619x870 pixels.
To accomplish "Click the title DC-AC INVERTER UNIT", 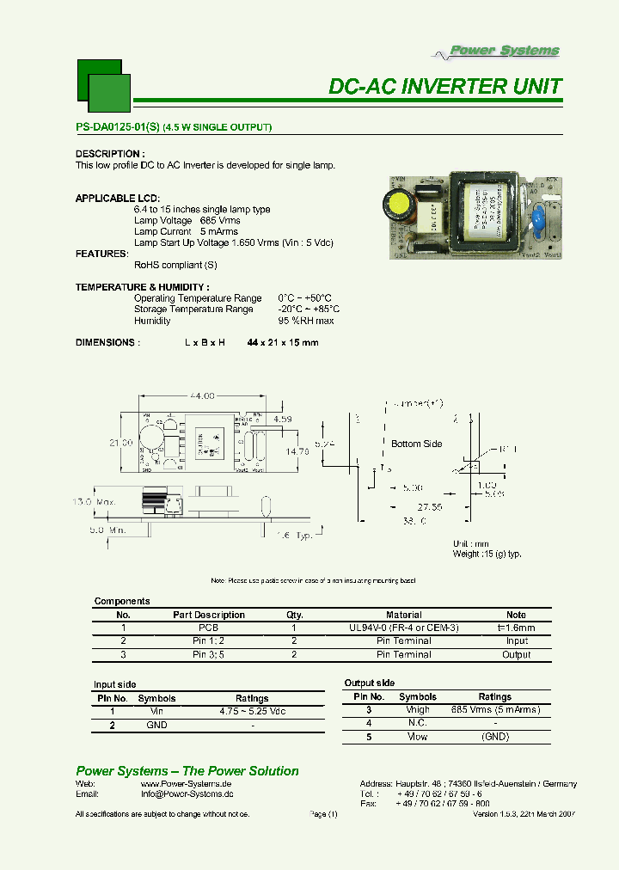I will point(445,87).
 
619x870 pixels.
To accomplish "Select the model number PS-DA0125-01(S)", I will point(118,128).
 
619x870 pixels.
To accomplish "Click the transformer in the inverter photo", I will point(485,215).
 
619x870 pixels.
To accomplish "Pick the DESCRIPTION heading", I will point(108,154).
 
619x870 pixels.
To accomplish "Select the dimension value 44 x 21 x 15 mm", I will point(282,343).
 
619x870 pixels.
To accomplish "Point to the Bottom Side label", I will point(417,444).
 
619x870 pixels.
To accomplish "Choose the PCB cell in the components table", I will point(209,628).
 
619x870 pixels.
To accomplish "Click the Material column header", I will point(404,615).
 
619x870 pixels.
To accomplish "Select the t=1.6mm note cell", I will point(517,628).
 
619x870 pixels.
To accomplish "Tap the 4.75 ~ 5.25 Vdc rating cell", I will point(252,712).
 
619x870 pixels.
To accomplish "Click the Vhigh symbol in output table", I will point(418,710).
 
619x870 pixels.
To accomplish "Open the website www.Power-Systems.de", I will point(187,784).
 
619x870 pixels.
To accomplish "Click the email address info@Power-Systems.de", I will point(187,795).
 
